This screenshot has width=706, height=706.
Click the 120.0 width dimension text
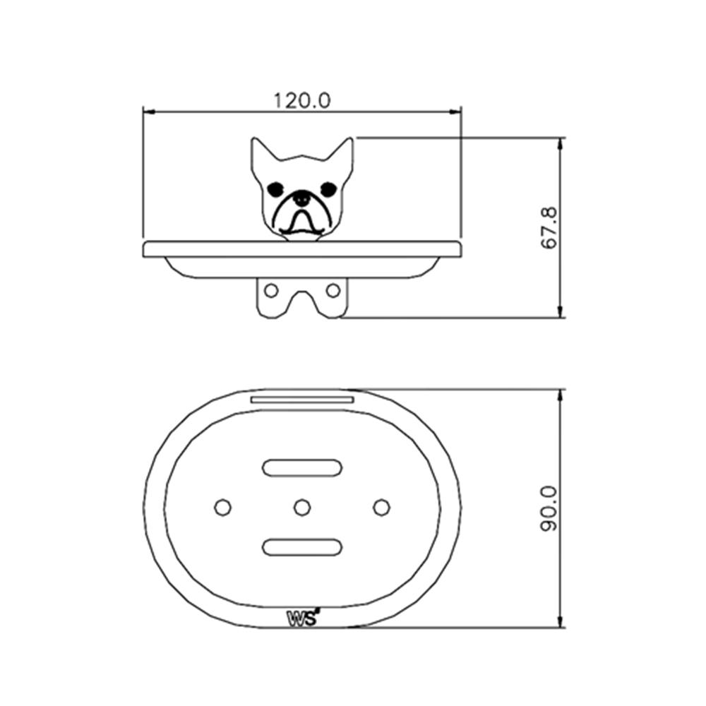point(302,100)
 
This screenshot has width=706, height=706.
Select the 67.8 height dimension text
point(549,227)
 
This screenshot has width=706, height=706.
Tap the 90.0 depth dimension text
point(549,508)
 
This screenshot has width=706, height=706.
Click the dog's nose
point(301,200)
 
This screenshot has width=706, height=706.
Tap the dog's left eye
point(275,189)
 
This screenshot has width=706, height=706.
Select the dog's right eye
point(328,189)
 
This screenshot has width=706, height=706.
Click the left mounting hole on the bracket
point(271,289)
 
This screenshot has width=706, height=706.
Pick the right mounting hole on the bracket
point(333,289)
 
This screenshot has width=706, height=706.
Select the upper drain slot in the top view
point(302,467)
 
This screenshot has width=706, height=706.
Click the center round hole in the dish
point(302,507)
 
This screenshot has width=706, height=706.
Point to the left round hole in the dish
point(222,507)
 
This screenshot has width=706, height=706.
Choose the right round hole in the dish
point(381,507)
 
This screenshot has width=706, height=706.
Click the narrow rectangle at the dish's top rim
point(302,400)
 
